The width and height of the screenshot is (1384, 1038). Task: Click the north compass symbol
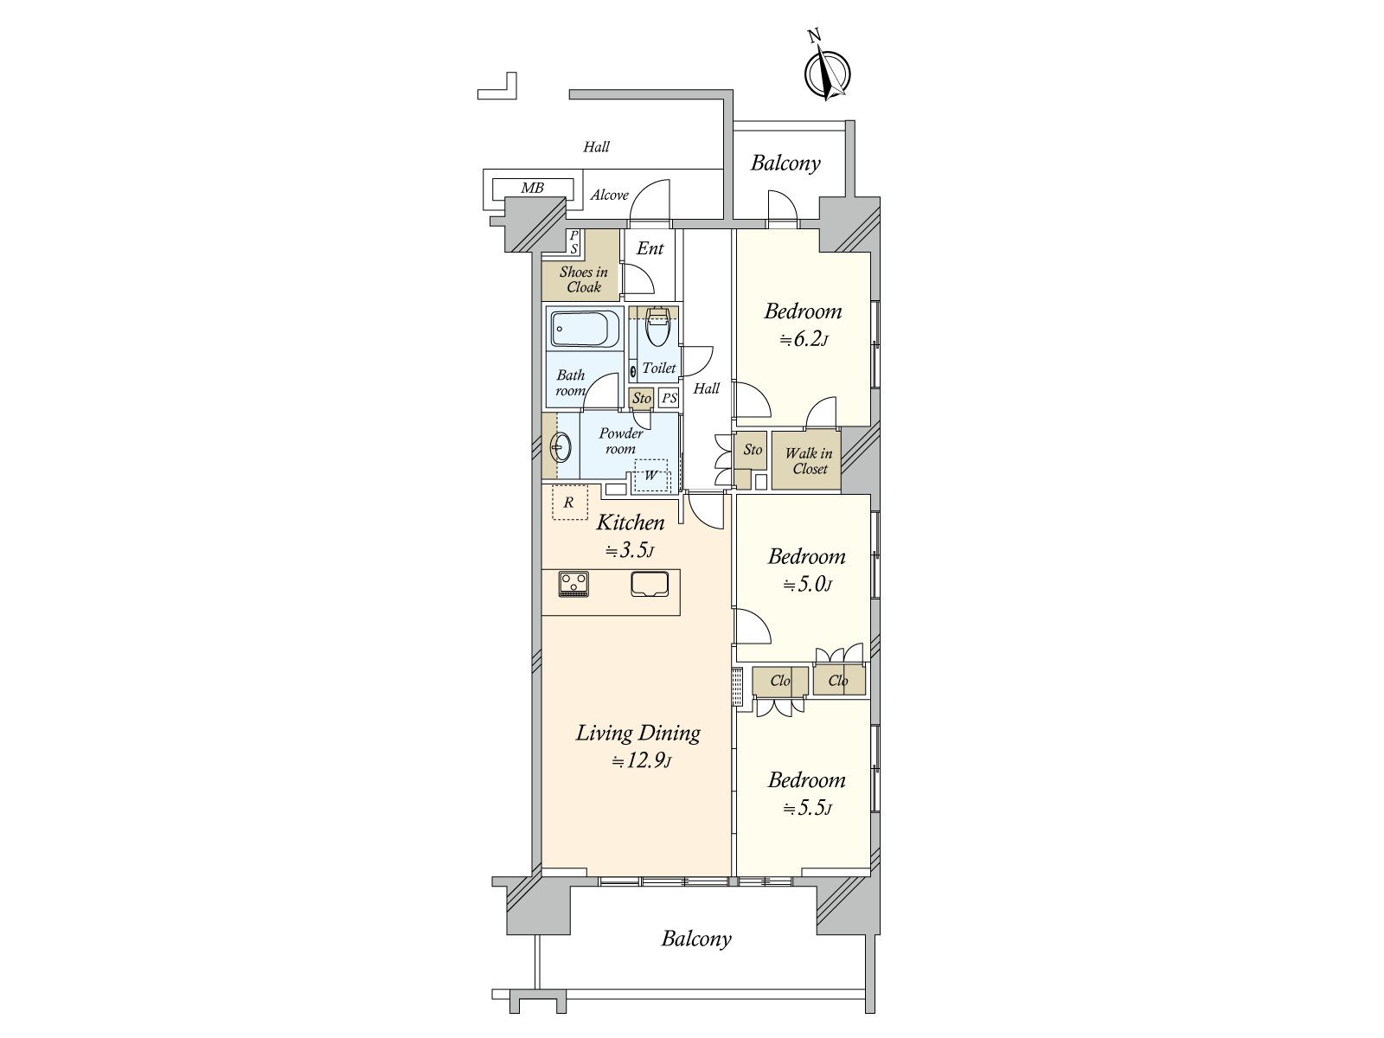[827, 72]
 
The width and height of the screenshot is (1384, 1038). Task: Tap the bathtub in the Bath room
[584, 329]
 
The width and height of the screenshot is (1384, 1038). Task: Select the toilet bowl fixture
[657, 327]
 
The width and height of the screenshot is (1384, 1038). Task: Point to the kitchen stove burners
[573, 584]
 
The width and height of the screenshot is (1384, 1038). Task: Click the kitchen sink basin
[650, 584]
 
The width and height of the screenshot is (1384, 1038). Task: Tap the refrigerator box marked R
[570, 503]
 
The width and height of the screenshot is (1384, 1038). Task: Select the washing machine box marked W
[650, 475]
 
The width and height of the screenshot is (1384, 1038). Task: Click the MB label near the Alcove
[532, 188]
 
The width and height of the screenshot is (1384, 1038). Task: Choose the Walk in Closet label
[809, 461]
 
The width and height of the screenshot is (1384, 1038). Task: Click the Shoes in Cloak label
[583, 279]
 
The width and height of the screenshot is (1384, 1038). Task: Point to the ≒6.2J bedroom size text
[804, 340]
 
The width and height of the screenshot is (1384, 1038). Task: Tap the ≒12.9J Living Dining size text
[641, 761]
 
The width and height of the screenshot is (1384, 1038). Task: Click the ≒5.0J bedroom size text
[807, 585]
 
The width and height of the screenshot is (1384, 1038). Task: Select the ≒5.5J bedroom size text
[807, 809]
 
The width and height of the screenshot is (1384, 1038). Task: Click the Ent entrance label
[650, 248]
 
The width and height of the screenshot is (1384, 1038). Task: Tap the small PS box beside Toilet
[669, 398]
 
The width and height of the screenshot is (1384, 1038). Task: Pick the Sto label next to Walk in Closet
[753, 449]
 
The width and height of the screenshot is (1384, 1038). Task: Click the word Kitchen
[631, 522]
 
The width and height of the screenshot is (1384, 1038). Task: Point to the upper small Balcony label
[785, 163]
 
